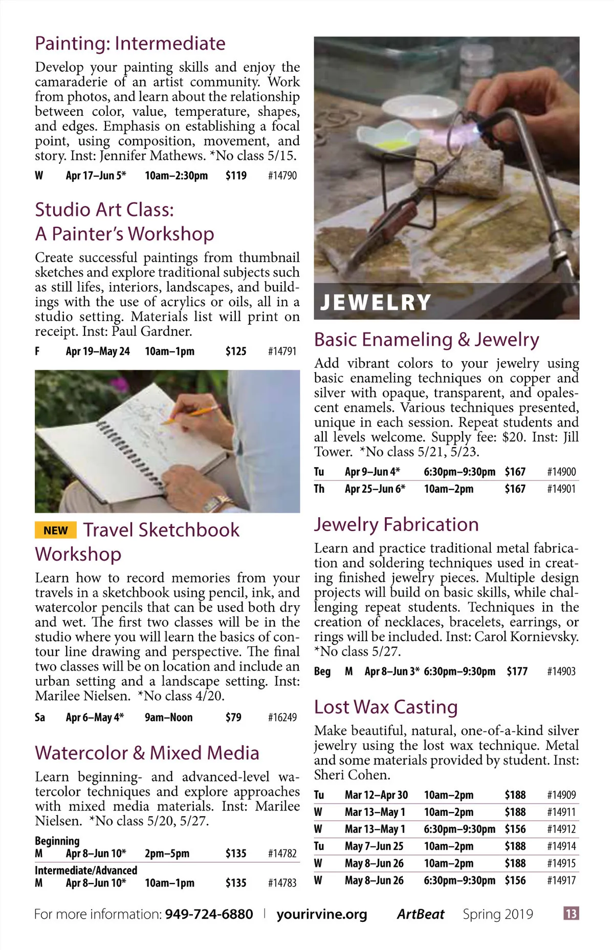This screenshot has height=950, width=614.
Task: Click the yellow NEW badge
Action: click(x=55, y=530)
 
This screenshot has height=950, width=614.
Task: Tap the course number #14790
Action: click(x=282, y=176)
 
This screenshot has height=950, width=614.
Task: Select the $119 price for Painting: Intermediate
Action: click(x=236, y=176)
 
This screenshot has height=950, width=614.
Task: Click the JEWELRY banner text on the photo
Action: click(x=376, y=302)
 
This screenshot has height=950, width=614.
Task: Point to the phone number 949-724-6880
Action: click(x=209, y=914)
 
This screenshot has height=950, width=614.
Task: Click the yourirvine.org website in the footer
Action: click(x=322, y=914)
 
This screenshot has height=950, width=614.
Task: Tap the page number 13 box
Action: click(x=571, y=914)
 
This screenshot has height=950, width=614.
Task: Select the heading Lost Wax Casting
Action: click(x=386, y=707)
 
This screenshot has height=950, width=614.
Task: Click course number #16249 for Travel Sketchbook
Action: click(x=282, y=717)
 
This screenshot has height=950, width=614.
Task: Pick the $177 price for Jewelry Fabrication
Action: click(x=517, y=671)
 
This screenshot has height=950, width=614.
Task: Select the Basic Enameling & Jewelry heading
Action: click(x=426, y=340)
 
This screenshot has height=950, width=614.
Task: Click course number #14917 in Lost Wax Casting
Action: click(x=561, y=880)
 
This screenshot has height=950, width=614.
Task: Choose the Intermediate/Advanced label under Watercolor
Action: click(x=86, y=870)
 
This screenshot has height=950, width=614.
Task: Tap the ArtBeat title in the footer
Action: click(x=421, y=914)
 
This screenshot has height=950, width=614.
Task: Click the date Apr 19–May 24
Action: click(x=98, y=351)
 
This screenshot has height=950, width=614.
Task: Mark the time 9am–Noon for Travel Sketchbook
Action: click(x=168, y=717)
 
